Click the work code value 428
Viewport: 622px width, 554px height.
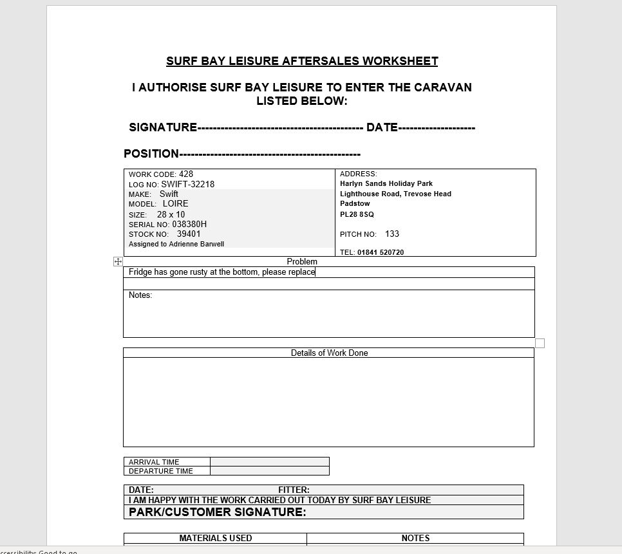coord(186,174)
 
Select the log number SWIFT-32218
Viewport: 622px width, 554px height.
coord(187,184)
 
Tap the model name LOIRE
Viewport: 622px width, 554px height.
coord(175,203)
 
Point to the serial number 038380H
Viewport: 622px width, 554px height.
coord(189,224)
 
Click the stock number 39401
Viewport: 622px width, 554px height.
coord(189,234)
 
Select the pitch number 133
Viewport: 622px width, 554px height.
coord(392,234)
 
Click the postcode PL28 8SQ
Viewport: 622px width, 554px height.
coord(357,214)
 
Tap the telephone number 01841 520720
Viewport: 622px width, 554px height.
coord(381,252)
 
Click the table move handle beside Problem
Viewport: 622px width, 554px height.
coord(118,261)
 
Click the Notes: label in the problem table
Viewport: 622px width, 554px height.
coord(140,295)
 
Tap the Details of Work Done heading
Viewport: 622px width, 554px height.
coord(329,353)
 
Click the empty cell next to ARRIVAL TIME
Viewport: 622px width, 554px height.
coord(269,461)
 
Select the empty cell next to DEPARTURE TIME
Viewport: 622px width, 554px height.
coord(269,471)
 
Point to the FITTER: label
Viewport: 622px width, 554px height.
coord(294,490)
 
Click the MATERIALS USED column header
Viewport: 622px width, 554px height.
coord(215,538)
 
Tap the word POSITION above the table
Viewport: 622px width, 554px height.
coord(151,154)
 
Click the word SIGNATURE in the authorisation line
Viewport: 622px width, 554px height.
coord(163,127)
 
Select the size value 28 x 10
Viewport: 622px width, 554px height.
coord(171,214)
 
